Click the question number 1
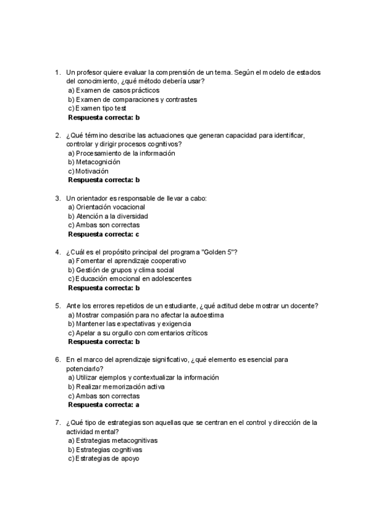pos(57,72)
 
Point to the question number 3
pos(57,198)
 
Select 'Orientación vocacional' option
pos(106,207)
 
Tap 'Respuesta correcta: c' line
pos(104,234)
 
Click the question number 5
pos(57,306)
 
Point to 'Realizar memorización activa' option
pos(116,387)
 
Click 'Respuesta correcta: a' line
pos(104,405)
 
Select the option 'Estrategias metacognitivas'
pos(113,440)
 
